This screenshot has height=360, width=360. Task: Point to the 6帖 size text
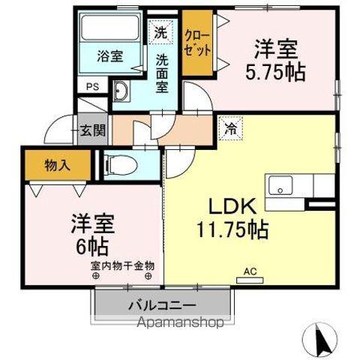[91, 244]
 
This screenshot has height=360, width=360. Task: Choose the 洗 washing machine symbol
[160, 31]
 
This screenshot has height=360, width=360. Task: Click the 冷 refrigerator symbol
[229, 127]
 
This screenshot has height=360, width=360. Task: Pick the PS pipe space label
[91, 87]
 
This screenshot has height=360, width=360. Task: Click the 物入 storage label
[58, 165]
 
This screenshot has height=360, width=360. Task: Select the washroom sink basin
[122, 93]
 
